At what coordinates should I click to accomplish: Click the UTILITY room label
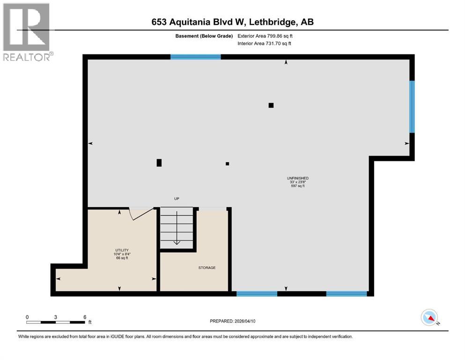pyautogui.click(x=122, y=250)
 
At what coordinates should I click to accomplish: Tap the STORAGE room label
pyautogui.click(x=207, y=268)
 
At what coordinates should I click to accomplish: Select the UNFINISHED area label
pyautogui.click(x=298, y=178)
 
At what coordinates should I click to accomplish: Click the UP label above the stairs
pyautogui.click(x=177, y=199)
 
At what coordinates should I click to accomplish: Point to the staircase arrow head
pyautogui.click(x=177, y=242)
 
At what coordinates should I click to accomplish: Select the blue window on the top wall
pyautogui.click(x=195, y=57)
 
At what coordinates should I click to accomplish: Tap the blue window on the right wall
pyautogui.click(x=412, y=106)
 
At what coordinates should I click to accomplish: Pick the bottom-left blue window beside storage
pyautogui.click(x=257, y=294)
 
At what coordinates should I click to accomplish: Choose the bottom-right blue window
pyautogui.click(x=346, y=294)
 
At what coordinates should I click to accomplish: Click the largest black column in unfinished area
pyautogui.click(x=159, y=163)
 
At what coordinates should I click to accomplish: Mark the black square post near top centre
pyautogui.click(x=271, y=105)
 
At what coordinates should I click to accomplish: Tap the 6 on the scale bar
pyautogui.click(x=84, y=317)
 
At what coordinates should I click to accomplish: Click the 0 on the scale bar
pyautogui.click(x=27, y=317)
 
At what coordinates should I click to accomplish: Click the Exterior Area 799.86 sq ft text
pyautogui.click(x=267, y=36)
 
